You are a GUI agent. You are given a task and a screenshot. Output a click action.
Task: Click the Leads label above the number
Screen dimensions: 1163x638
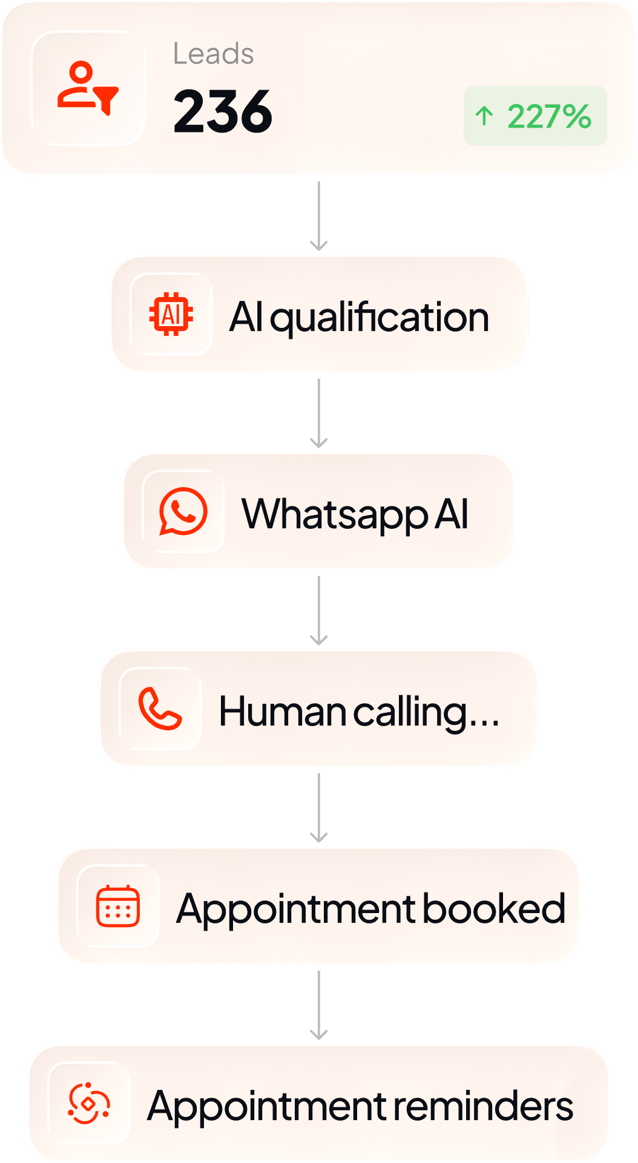pyautogui.click(x=213, y=54)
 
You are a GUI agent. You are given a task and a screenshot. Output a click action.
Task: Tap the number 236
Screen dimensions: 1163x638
pyautogui.click(x=223, y=111)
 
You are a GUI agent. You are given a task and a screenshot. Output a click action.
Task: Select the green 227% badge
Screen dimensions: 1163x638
pyautogui.click(x=535, y=116)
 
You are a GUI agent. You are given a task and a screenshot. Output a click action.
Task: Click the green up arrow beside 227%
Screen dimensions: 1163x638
pyautogui.click(x=484, y=116)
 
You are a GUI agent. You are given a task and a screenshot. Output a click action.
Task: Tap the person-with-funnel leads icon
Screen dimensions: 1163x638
pyautogui.click(x=88, y=88)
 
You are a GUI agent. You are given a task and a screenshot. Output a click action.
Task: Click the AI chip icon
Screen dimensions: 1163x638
pyautogui.click(x=171, y=314)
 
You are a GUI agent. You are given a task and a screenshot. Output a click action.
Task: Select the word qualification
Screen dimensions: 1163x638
pyautogui.click(x=380, y=318)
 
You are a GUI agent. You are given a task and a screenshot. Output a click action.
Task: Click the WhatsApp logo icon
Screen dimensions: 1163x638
pyautogui.click(x=183, y=511)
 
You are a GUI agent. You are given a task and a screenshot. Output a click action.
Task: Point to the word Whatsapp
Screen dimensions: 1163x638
pyautogui.click(x=335, y=515)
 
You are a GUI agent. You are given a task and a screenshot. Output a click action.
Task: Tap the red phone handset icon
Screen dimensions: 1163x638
pyautogui.click(x=160, y=709)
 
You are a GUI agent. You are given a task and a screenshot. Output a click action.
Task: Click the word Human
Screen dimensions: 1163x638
pyautogui.click(x=283, y=712)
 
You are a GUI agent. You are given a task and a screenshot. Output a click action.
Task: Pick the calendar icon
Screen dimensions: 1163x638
pyautogui.click(x=118, y=906)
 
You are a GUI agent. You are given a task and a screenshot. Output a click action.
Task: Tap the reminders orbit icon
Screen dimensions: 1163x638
pyautogui.click(x=89, y=1103)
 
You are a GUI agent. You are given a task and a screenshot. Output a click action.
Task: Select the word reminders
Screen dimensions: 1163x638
pyautogui.click(x=483, y=1106)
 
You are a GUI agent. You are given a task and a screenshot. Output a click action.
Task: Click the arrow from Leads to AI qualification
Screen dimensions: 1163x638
pyautogui.click(x=319, y=216)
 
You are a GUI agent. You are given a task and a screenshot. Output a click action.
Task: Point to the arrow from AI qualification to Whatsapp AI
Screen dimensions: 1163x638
pyautogui.click(x=319, y=413)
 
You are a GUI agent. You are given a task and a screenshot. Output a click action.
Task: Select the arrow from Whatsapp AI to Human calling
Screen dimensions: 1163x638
pyautogui.click(x=319, y=611)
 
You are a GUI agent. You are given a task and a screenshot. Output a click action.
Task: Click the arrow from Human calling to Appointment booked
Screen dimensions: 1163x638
pyautogui.click(x=319, y=808)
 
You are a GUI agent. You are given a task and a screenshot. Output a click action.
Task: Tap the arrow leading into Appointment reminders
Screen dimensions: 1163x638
pyautogui.click(x=319, y=1005)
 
